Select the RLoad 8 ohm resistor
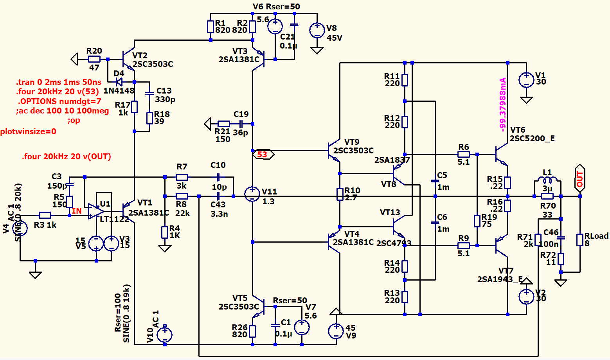[580, 239]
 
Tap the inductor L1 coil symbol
[547, 180]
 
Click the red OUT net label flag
[579, 178]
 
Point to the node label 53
[262, 155]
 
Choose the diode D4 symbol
[119, 82]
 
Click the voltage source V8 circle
[317, 30]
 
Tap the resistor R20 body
[94, 59]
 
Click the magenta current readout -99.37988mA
[503, 104]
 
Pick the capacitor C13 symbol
[149, 94]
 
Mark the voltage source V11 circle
[252, 194]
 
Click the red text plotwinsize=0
[28, 131]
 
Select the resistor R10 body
[340, 194]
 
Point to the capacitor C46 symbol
[561, 238]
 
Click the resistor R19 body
[477, 221]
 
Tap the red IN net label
[77, 211]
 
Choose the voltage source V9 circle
[336, 331]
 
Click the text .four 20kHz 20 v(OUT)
[67, 157]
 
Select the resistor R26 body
[252, 331]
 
